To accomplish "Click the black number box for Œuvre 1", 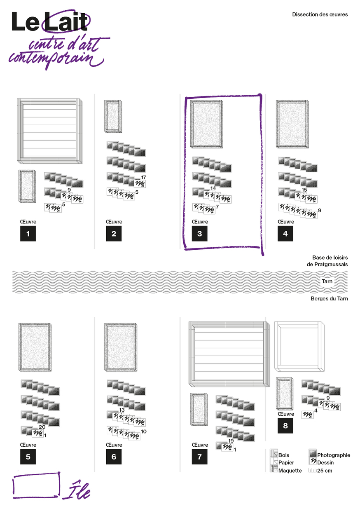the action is (28, 233).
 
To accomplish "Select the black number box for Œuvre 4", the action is (285, 233).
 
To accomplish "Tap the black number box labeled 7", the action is (199, 457).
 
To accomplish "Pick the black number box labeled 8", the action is (285, 425).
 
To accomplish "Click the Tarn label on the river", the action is (327, 281).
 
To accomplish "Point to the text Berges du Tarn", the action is (329, 299).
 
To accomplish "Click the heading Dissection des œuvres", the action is (320, 14).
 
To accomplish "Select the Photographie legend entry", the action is (330, 455).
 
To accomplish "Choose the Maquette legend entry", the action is (286, 470).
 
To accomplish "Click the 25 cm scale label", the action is (320, 471).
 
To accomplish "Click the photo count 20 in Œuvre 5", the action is (42, 427).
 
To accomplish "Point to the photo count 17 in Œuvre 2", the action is (143, 177).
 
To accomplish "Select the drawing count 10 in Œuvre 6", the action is (144, 431).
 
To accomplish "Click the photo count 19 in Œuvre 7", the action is (231, 441).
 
